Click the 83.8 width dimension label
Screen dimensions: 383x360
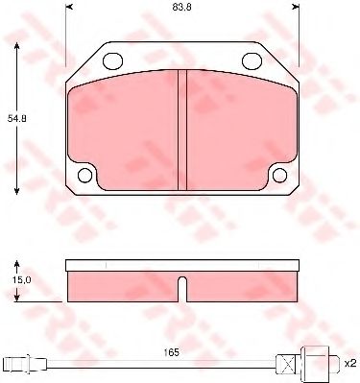click(180, 10)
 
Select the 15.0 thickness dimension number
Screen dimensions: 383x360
click(21, 279)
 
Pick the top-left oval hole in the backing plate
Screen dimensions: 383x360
click(112, 61)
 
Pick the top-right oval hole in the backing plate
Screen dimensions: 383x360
click(253, 61)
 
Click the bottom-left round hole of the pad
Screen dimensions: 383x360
click(86, 175)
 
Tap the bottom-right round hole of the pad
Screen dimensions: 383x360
click(279, 175)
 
